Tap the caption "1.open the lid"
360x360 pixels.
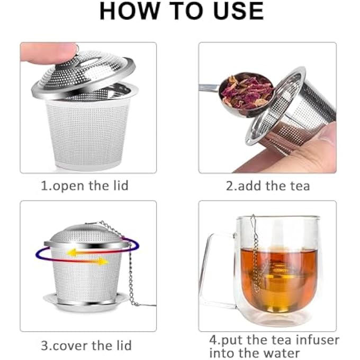point(85,186)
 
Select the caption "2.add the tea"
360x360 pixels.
point(267,186)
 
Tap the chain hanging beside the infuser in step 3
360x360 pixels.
point(129,270)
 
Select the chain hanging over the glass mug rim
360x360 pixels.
point(255,254)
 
